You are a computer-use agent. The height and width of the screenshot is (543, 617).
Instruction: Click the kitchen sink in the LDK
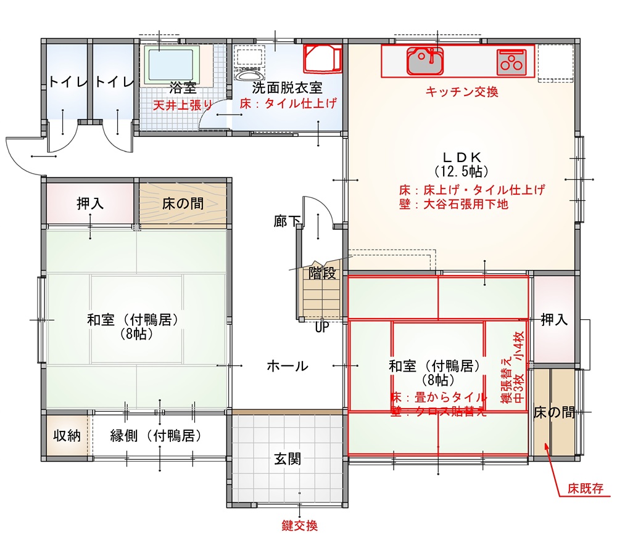[425, 60]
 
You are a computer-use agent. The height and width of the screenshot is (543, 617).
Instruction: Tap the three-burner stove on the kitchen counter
[511, 62]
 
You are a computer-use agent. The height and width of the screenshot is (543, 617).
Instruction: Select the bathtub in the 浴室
[172, 65]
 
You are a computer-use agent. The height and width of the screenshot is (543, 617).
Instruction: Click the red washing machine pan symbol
[322, 58]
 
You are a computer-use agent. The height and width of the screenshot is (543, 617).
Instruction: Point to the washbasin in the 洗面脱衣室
[248, 73]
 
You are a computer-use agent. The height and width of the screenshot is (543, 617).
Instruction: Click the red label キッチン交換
[462, 92]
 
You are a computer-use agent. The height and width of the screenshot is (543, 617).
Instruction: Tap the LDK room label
[462, 157]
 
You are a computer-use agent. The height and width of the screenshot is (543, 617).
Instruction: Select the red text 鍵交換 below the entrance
[299, 526]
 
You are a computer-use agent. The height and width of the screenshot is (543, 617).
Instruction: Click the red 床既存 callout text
[586, 489]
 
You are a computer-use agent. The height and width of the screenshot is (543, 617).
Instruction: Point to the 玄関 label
[288, 459]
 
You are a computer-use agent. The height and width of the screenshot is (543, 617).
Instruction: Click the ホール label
[288, 366]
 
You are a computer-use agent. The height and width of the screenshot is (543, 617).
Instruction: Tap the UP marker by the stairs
[322, 327]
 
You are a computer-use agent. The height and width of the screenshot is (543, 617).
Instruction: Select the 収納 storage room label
[67, 436]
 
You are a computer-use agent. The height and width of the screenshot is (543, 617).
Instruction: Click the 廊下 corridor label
[287, 221]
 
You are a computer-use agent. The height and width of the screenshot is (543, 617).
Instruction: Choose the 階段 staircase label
[322, 273]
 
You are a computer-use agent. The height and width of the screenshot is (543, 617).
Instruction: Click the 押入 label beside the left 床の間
[90, 203]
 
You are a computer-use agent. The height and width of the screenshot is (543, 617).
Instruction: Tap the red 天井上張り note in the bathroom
[183, 105]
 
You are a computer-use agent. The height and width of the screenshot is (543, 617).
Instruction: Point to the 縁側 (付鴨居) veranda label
[156, 436]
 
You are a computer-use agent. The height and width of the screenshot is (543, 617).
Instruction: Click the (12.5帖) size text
[462, 172]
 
